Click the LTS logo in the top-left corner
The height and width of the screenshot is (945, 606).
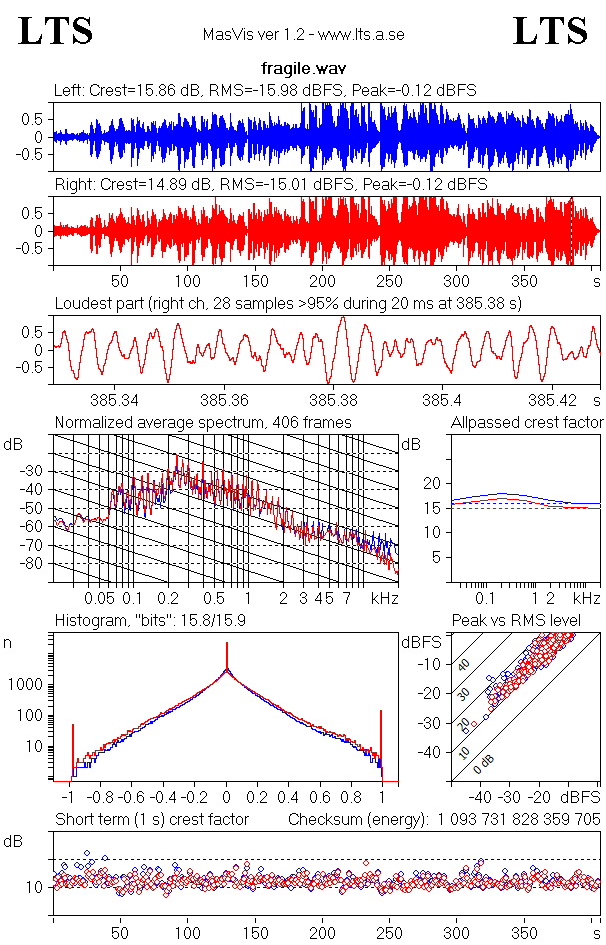pos(56,31)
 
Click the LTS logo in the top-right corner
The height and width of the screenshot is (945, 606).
pos(550,31)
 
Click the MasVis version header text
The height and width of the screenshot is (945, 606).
pos(303,35)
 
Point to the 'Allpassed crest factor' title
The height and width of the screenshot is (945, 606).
pos(527,423)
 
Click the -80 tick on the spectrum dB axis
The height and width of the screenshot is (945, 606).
pos(32,564)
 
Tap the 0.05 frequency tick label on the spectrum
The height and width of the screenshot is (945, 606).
pos(99,598)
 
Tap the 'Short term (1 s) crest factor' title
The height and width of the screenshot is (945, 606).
pos(151,820)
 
